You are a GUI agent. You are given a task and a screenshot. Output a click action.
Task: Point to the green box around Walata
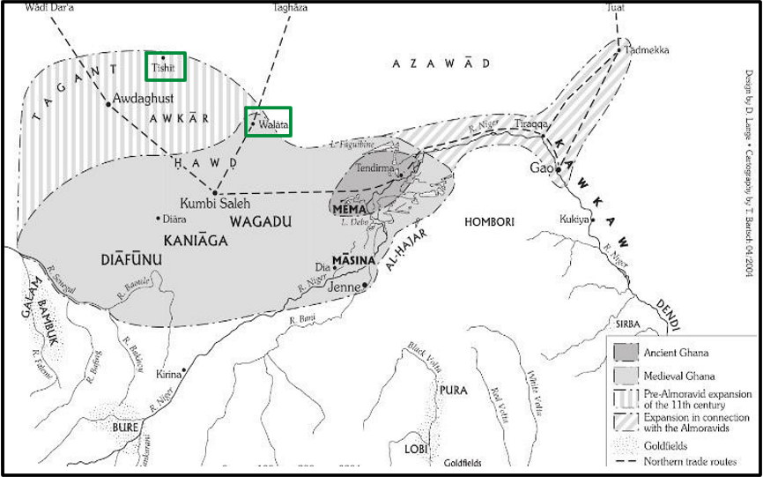tap(268, 121)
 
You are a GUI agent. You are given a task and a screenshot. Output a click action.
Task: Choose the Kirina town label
tap(165, 375)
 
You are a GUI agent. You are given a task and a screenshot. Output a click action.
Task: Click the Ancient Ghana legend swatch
tap(626, 353)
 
